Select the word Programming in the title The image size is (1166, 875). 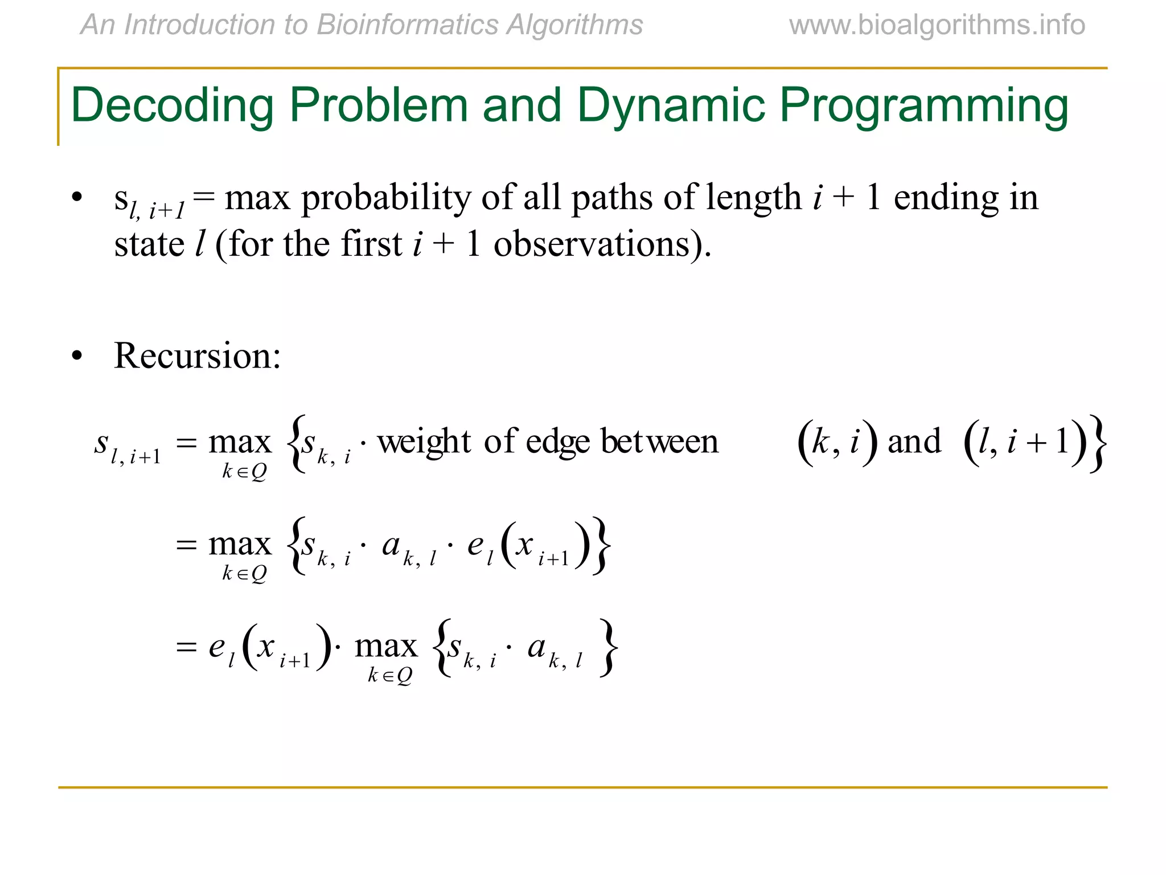(923, 107)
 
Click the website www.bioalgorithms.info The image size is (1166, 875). (937, 25)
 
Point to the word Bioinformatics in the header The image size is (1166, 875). (408, 25)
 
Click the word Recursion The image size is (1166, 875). (197, 356)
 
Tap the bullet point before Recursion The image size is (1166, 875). (77, 357)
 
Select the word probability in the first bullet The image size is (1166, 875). (386, 198)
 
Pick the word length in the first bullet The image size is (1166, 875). (753, 198)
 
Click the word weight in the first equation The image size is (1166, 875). (424, 441)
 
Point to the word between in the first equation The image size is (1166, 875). (659, 441)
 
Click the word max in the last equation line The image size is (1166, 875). (386, 647)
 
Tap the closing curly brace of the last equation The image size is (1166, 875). (608, 648)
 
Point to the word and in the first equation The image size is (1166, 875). (914, 441)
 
